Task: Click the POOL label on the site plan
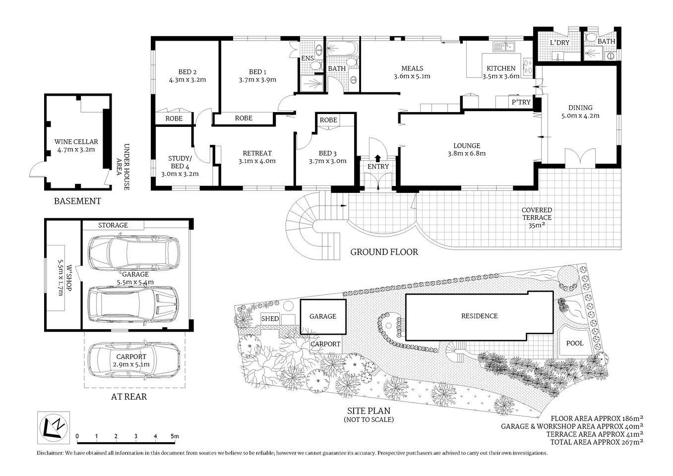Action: click(575, 343)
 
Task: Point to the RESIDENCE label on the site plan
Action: click(479, 316)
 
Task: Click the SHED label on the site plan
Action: click(270, 319)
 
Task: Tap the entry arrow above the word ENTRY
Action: click(378, 158)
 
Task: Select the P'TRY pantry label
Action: click(521, 102)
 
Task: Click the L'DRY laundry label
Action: click(559, 43)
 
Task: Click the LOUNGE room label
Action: click(467, 149)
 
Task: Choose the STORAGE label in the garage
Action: click(113, 225)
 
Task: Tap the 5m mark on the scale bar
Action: click(174, 436)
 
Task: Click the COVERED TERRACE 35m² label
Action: click(537, 217)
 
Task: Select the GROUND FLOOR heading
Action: click(384, 252)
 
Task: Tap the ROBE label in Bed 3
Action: click(328, 120)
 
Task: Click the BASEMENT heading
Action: click(77, 201)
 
